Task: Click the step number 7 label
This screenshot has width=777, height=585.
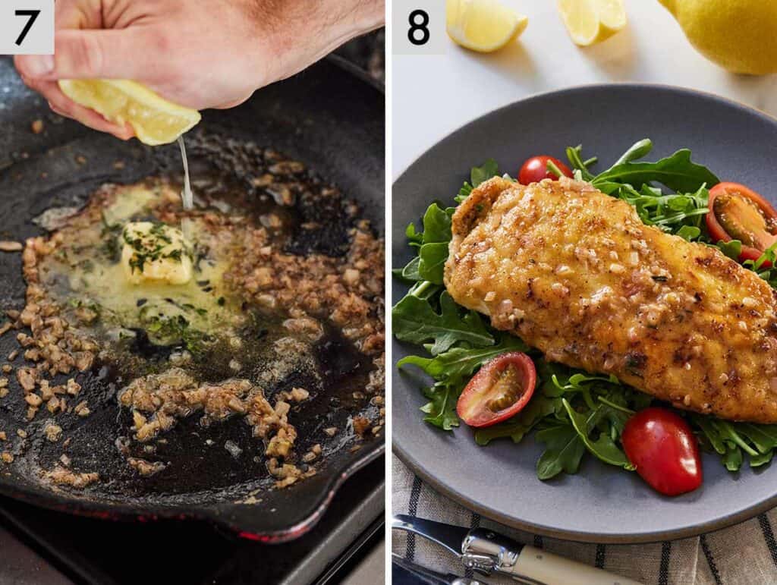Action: (27, 27)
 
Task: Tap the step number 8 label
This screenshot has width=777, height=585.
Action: (418, 27)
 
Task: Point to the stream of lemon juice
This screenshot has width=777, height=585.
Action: (184, 175)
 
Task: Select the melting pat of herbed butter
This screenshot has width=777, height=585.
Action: (157, 253)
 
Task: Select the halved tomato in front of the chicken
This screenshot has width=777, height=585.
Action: (497, 388)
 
